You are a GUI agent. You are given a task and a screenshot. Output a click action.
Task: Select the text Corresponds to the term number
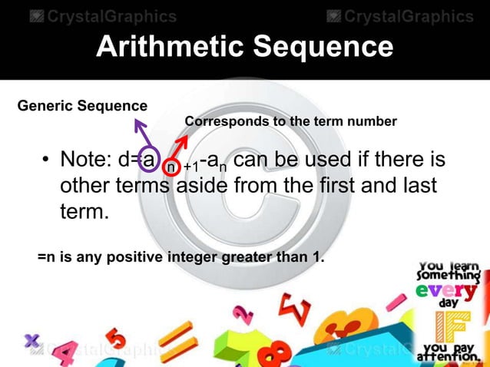point(290,121)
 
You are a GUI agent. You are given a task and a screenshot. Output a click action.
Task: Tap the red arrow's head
point(184,141)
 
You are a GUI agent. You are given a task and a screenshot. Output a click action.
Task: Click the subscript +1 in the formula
point(193,167)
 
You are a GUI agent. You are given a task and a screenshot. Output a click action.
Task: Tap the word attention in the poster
point(448,358)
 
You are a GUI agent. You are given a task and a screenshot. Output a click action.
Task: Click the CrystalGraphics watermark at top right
point(400,16)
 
